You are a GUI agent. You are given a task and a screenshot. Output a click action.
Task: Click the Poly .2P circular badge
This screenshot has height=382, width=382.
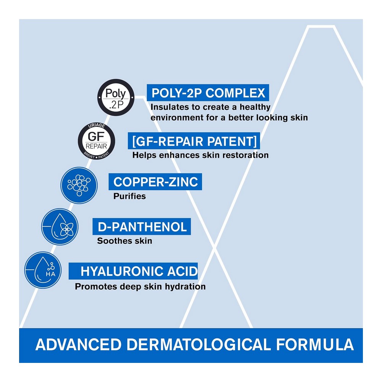coord(116,97)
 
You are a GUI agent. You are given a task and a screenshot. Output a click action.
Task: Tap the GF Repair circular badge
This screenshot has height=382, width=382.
coord(97,141)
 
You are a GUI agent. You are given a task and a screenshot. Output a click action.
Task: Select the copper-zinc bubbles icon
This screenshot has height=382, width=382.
coord(79,185)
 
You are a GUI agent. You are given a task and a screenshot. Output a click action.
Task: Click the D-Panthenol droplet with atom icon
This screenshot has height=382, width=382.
coord(60,227)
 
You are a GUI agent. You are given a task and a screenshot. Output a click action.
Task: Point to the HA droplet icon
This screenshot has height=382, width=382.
coord(43,270)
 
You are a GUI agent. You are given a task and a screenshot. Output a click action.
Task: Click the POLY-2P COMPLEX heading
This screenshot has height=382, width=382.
coord(208,93)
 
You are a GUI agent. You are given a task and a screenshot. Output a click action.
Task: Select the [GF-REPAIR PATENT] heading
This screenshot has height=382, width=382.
coord(194,141)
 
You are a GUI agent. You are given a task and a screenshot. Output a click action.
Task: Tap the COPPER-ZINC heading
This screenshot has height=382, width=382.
coord(155,182)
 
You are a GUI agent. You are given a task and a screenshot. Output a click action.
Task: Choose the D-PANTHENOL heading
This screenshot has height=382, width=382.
coord(142,227)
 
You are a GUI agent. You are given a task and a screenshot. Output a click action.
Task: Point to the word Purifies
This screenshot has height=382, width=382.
coord(129,196)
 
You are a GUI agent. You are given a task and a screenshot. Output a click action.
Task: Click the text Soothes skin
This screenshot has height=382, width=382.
coord(125,241)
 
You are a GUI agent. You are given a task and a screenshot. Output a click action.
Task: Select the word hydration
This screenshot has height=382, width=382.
coord(185,286)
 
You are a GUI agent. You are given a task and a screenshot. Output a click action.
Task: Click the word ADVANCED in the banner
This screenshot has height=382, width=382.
coord(78,345)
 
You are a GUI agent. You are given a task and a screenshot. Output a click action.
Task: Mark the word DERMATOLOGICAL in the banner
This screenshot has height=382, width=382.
coord(199,345)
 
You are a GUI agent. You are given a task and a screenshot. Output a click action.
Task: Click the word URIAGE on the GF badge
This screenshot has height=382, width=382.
coord(97,126)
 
